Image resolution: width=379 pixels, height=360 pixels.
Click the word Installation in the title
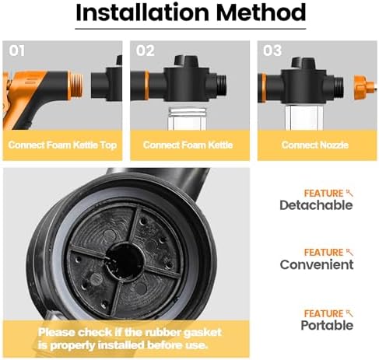click(x=142, y=12)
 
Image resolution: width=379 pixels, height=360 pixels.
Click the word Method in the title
click(x=261, y=12)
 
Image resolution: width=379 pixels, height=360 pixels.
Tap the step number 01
click(x=17, y=51)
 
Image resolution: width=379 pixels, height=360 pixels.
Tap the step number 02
click(x=145, y=51)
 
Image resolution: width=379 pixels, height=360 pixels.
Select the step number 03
click(x=272, y=51)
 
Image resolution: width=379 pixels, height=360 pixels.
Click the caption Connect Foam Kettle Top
click(x=62, y=145)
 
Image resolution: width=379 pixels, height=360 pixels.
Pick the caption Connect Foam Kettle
click(x=188, y=145)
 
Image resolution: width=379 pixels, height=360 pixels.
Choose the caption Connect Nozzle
click(x=315, y=145)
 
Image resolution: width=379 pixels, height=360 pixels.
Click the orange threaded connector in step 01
click(x=75, y=86)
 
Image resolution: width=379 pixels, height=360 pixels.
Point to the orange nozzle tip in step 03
click(x=365, y=87)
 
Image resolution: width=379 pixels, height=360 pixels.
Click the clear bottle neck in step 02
click(x=187, y=118)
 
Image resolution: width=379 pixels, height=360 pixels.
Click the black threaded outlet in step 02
click(x=220, y=87)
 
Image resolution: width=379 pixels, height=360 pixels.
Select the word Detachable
click(x=316, y=205)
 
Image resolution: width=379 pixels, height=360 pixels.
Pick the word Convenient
click(x=317, y=264)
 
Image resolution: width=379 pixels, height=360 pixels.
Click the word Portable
click(x=327, y=325)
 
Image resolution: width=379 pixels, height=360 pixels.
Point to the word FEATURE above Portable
click(x=324, y=313)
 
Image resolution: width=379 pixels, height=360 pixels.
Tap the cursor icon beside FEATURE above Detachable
click(x=349, y=193)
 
